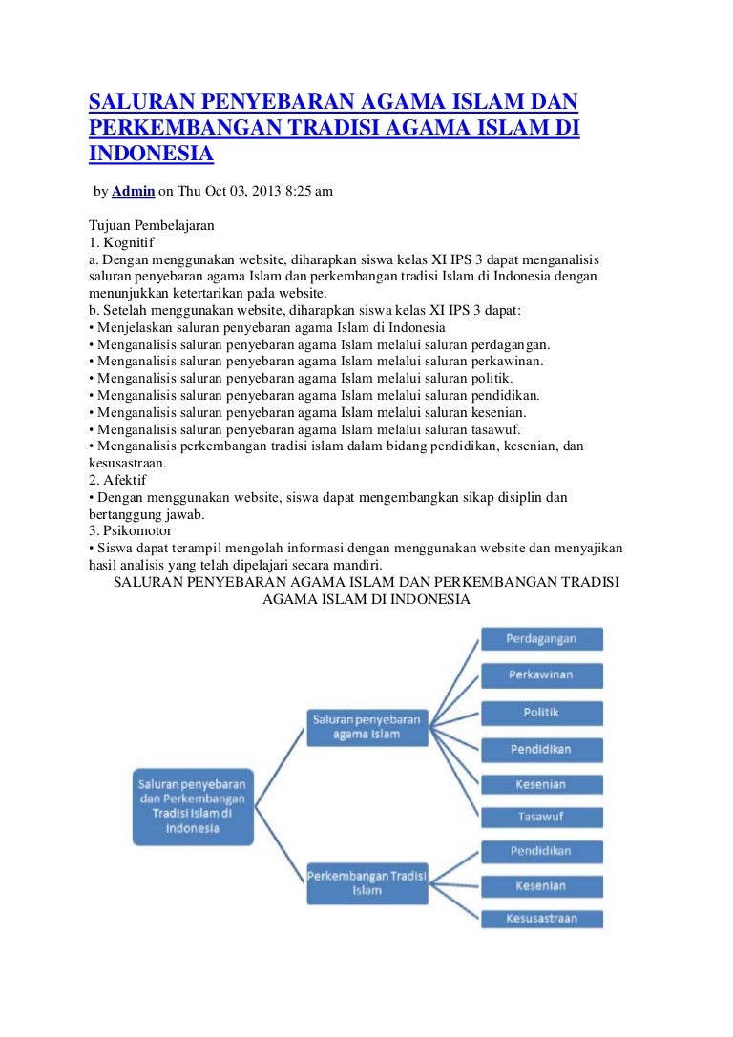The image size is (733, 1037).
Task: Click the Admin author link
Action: (133, 192)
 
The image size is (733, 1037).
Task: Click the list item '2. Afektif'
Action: (119, 480)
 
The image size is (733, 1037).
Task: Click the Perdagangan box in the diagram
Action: (541, 639)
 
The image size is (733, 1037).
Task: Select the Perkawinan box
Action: (541, 675)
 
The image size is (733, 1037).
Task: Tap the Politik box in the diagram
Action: (541, 713)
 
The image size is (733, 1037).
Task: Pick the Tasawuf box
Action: (541, 818)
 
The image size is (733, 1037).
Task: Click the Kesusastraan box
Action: (541, 920)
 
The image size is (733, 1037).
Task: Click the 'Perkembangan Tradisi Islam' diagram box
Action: (367, 882)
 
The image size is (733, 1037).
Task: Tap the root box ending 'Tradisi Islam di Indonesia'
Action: (192, 807)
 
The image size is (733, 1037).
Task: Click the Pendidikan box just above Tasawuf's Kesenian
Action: (541, 749)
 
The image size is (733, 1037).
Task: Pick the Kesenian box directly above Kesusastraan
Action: (541, 886)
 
